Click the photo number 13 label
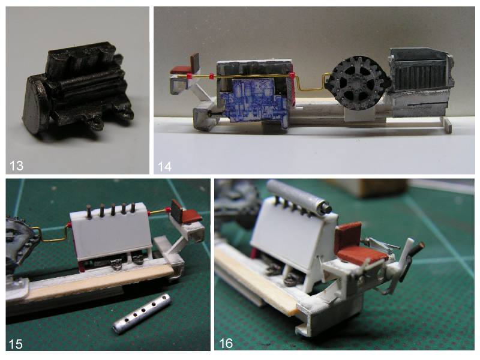click(16, 166)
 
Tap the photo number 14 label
click(164, 167)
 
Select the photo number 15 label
click(16, 344)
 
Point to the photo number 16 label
click(226, 343)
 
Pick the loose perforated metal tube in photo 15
click(142, 314)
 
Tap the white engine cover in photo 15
click(111, 233)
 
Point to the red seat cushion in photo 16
click(361, 254)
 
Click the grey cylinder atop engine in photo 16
click(299, 196)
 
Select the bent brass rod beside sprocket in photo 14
click(309, 84)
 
